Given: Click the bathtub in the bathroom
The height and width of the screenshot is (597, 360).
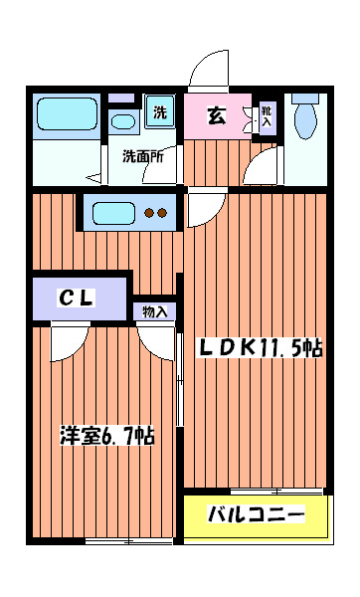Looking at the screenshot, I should [66, 114].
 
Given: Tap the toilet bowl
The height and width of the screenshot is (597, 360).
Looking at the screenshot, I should [304, 118].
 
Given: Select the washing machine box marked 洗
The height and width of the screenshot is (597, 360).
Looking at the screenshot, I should [159, 111].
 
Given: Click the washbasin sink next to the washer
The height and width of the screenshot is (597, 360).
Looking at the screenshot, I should [123, 122].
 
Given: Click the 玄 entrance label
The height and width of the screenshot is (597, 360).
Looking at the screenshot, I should [215, 115].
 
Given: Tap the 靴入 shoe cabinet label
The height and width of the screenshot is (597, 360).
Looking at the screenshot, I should [266, 116].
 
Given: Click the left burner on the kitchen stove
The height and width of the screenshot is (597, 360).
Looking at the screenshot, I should [148, 212].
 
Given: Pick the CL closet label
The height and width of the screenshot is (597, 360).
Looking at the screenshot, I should [76, 298].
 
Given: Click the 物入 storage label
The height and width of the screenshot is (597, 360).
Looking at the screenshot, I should [155, 311].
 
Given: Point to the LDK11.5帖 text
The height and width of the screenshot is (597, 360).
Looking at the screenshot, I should [262, 349].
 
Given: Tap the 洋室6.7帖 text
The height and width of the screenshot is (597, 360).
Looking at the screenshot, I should [106, 436].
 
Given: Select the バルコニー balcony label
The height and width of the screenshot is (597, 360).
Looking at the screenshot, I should [255, 515].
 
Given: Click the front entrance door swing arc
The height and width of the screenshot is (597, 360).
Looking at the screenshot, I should [211, 70].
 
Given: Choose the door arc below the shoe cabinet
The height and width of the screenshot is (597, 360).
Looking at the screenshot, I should [264, 162].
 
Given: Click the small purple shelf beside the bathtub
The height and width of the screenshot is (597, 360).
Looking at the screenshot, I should [120, 98].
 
